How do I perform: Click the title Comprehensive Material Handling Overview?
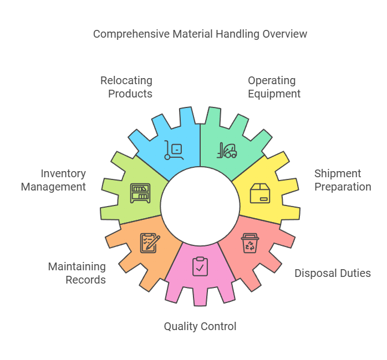click(200, 34)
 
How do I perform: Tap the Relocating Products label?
click(126, 87)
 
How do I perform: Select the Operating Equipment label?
click(274, 87)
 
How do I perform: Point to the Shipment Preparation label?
click(343, 180)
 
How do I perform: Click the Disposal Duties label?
click(332, 273)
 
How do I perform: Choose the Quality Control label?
click(200, 326)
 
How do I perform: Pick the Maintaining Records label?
click(77, 273)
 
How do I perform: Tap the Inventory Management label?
click(54, 180)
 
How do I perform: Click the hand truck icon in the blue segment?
click(174, 150)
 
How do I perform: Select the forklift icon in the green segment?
click(227, 150)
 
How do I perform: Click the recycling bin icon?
click(249, 243)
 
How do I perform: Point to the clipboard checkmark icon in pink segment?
click(200, 266)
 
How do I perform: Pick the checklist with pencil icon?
click(150, 243)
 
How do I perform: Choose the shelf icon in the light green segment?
click(140, 193)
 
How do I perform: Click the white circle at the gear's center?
click(200, 204)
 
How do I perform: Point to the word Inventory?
click(64, 173)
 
